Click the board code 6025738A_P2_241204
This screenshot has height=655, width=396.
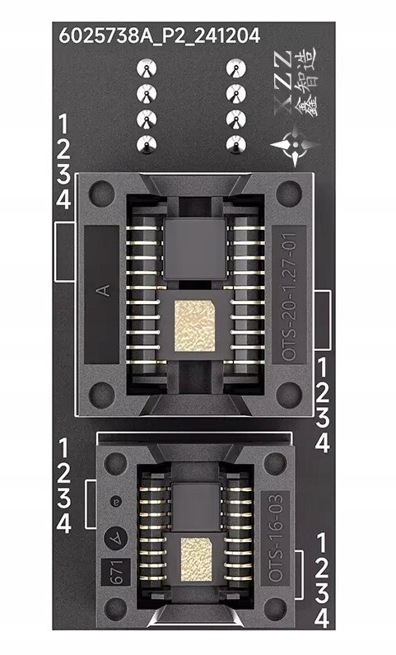click(x=160, y=35)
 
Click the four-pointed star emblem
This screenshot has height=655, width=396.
click(x=295, y=143)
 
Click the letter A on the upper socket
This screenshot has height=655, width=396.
click(x=104, y=290)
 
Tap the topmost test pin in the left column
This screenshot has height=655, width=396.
click(x=147, y=68)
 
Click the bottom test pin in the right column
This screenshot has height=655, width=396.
click(x=236, y=144)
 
